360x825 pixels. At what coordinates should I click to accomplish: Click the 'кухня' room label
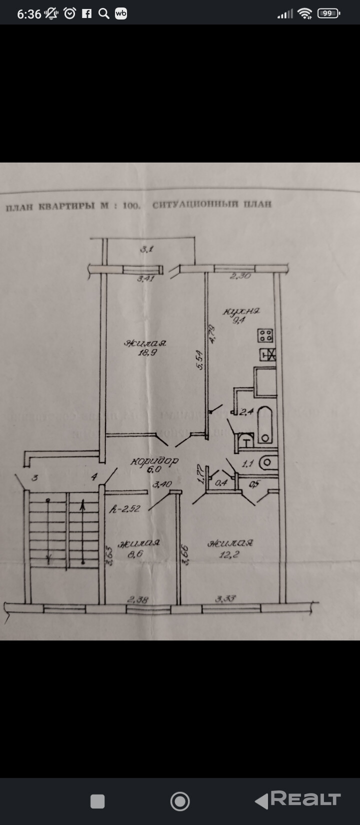pos(241,311)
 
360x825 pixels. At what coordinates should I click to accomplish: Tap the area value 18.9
pos(145,352)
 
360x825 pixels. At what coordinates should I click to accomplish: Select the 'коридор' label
pos(154,461)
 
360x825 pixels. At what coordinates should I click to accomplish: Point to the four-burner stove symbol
pos(265,335)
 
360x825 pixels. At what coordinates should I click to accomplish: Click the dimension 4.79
pos(212,333)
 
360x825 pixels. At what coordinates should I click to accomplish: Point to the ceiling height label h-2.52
pos(125,509)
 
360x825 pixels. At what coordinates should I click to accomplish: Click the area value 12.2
pos(230,553)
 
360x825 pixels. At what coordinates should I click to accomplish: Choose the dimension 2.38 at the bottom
pos(138,599)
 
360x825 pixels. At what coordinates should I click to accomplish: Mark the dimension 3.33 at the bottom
pos(226,598)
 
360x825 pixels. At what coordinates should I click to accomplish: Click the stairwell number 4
pos(94,477)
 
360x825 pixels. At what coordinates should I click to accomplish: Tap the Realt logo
pos(298,800)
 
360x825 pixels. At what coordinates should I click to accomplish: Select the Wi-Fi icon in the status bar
pos(304,13)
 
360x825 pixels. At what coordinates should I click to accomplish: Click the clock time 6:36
pos(29,14)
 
